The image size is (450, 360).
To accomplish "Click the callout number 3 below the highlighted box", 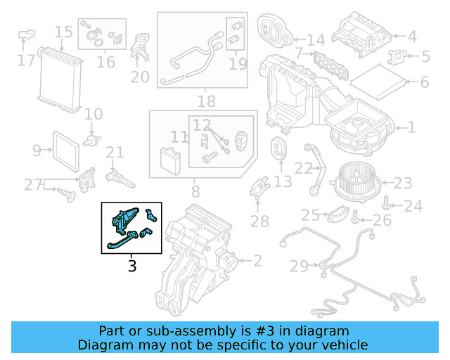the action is [x=131, y=266].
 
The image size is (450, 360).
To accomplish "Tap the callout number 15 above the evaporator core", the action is [x=63, y=32].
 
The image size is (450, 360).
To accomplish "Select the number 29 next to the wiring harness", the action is [x=299, y=266].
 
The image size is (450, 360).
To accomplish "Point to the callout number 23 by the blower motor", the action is [x=402, y=184].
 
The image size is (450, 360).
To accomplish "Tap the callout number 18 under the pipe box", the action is [x=206, y=101].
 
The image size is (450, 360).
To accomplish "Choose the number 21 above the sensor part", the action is [x=115, y=153].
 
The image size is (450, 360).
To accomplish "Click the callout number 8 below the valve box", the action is [x=195, y=190].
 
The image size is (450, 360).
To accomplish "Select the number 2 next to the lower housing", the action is [x=257, y=261].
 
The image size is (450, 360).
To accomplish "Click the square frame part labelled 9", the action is [x=66, y=149].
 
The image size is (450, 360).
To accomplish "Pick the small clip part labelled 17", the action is [x=28, y=34].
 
